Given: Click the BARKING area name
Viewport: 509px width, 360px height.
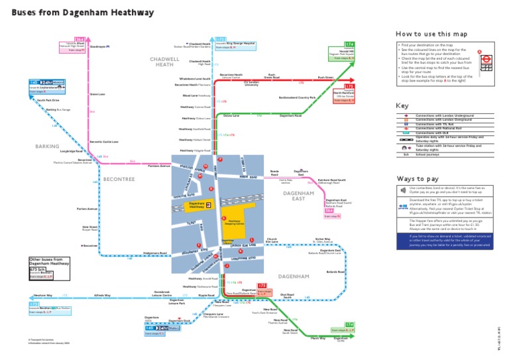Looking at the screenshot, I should pos(48,146).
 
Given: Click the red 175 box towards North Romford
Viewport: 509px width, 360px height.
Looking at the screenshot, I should pos(349,87).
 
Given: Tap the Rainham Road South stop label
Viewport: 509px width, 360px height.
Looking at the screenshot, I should pos(331,180).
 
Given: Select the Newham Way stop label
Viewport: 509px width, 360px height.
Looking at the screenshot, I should pos(43,294).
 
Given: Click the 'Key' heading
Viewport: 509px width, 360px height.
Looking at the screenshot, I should pos(402,105).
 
